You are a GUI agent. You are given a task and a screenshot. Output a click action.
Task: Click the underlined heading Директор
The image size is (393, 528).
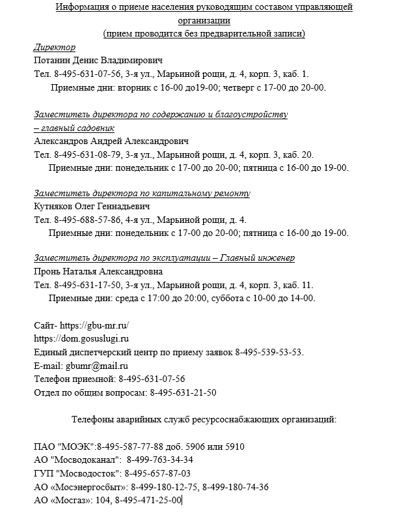tap(54, 48)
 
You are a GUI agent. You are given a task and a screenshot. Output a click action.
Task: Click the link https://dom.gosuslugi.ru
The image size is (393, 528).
tap(81, 338)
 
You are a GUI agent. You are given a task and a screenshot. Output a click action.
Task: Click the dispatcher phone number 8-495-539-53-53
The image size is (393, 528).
tap(269, 352)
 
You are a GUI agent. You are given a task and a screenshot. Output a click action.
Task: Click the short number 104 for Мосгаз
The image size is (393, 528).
tap(103, 500)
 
